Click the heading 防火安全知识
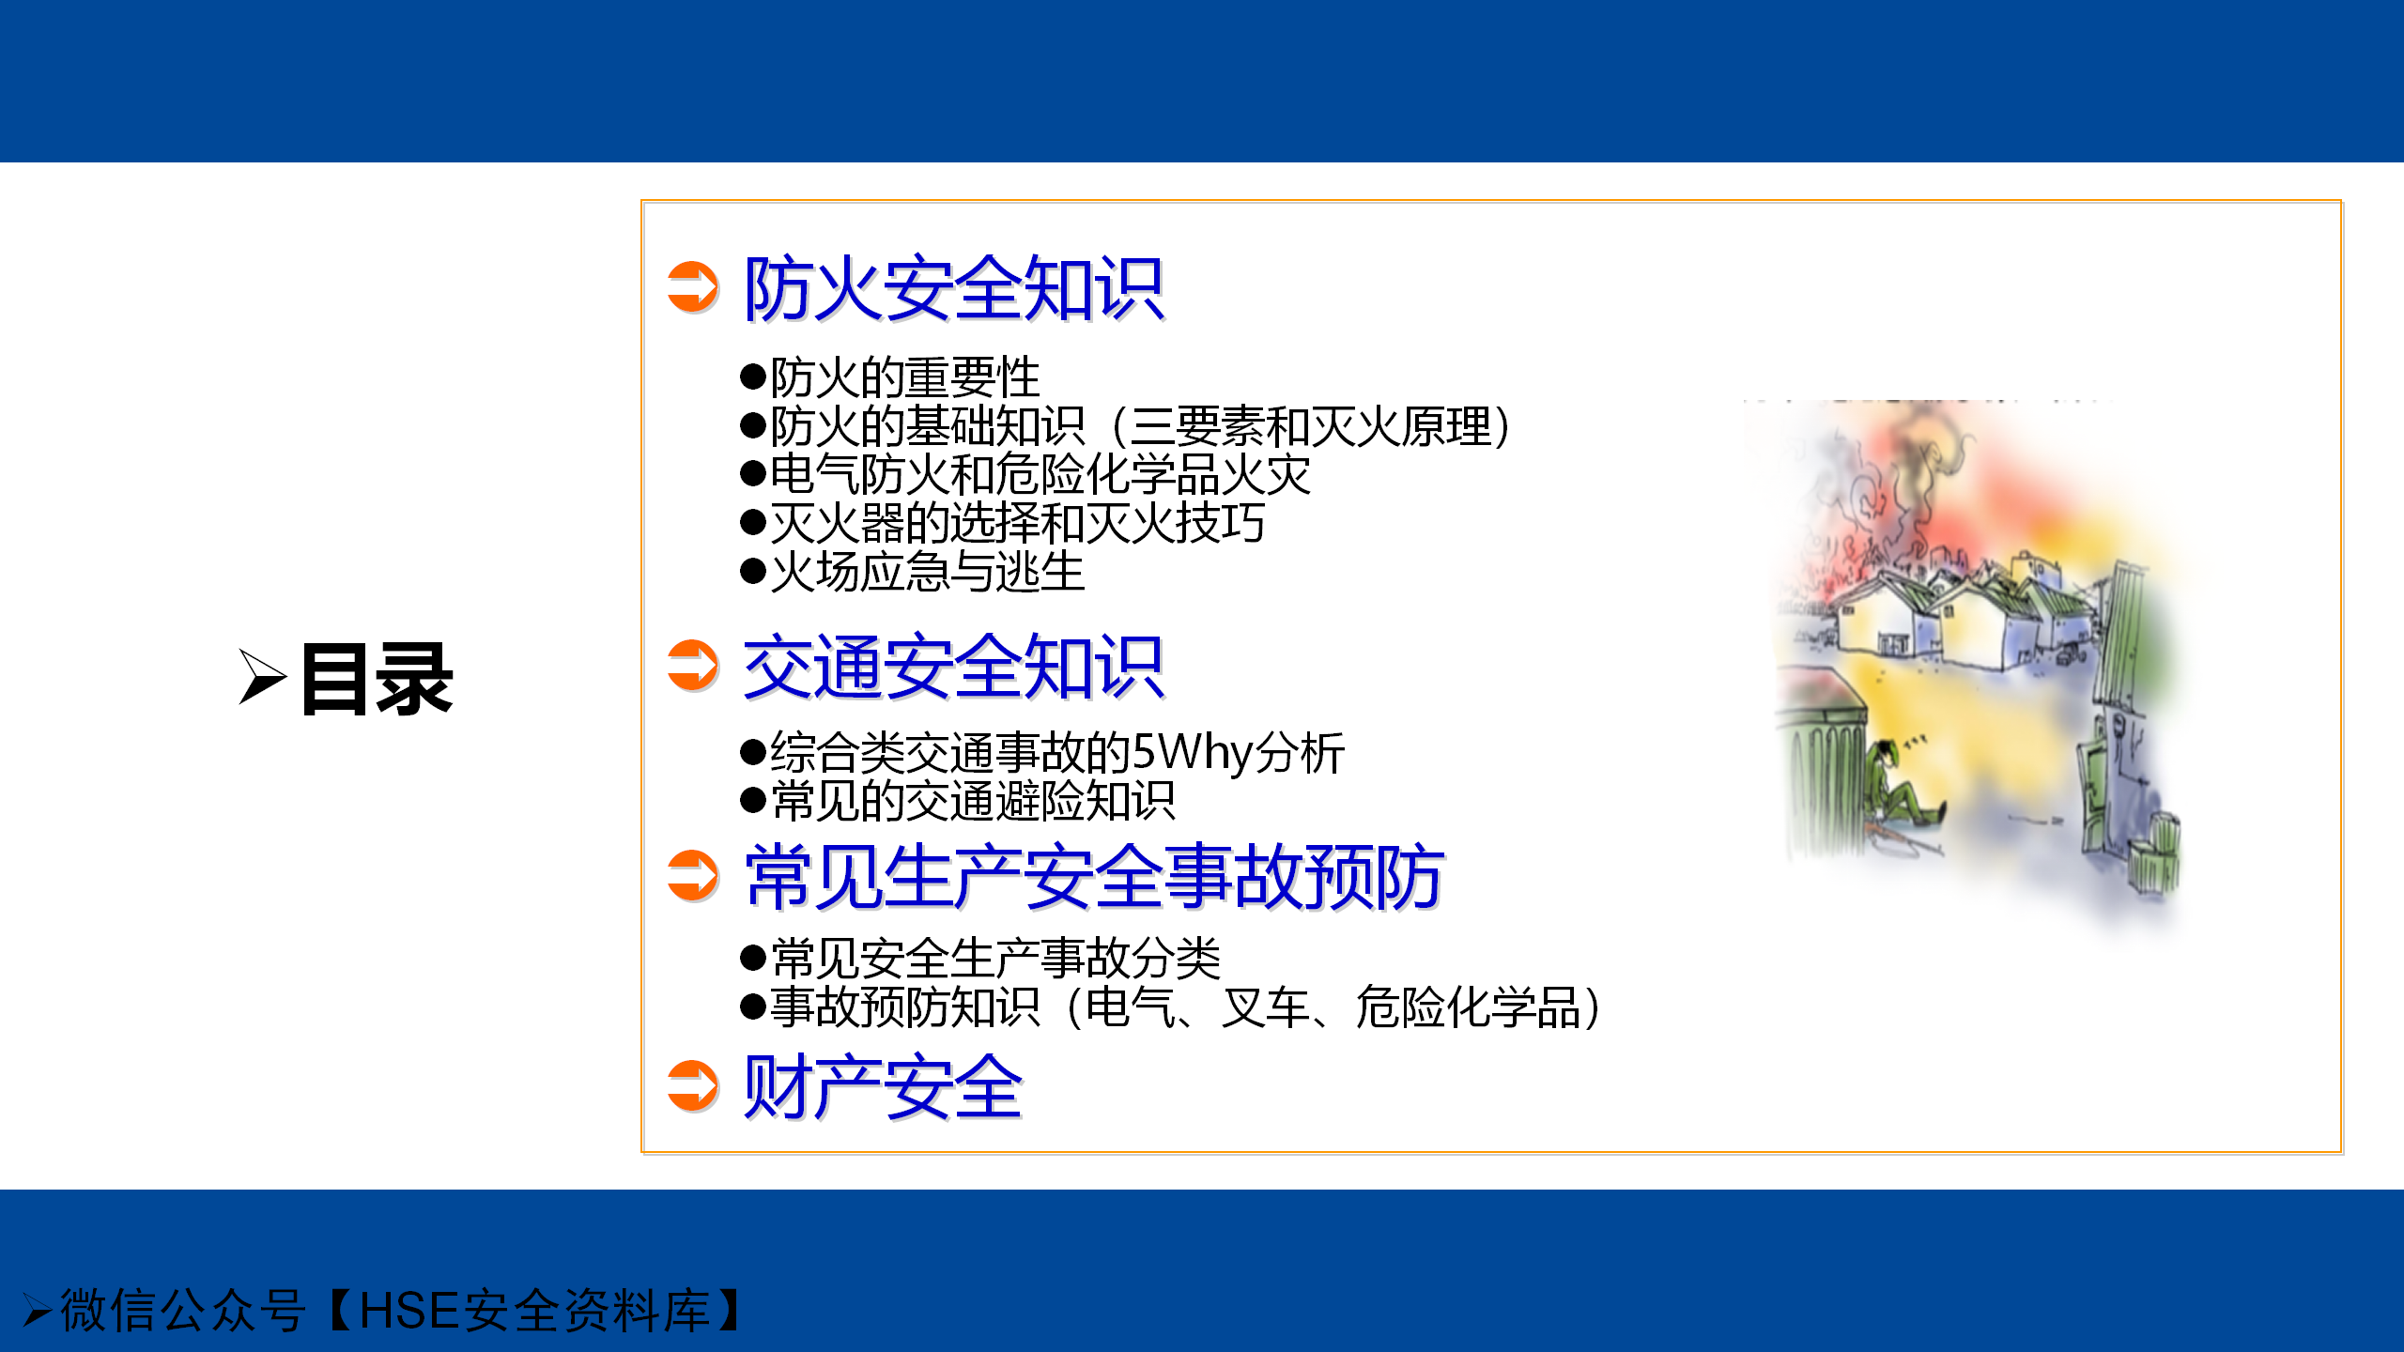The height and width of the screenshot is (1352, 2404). [x=954, y=288]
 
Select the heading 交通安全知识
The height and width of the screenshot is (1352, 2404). [x=954, y=667]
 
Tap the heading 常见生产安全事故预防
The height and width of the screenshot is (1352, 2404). [x=1095, y=877]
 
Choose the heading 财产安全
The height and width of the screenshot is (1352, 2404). [x=883, y=1087]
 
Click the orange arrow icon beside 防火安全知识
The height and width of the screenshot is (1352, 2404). [x=693, y=286]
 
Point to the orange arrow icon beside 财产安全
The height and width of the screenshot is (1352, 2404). [x=693, y=1086]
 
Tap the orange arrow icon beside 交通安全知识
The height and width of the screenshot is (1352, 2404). [x=693, y=666]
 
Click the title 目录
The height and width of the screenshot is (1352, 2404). [x=377, y=679]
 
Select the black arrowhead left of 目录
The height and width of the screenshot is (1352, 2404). [x=262, y=676]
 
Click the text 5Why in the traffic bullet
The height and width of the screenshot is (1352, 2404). [x=1192, y=752]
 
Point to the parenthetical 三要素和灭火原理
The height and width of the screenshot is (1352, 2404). [x=1311, y=426]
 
